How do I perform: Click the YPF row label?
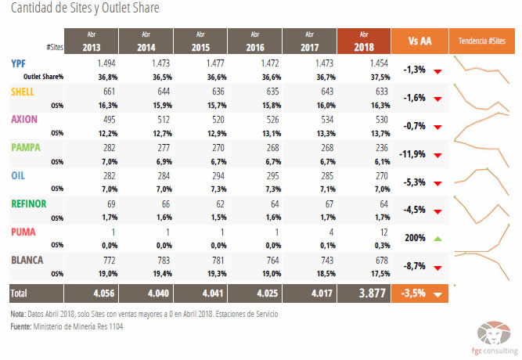(x=19, y=62)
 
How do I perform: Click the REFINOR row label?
(x=29, y=203)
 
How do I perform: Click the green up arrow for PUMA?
(x=437, y=238)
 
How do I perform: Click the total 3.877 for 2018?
(x=362, y=293)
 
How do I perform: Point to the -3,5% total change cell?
(x=415, y=293)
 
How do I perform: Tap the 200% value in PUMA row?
(x=415, y=238)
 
